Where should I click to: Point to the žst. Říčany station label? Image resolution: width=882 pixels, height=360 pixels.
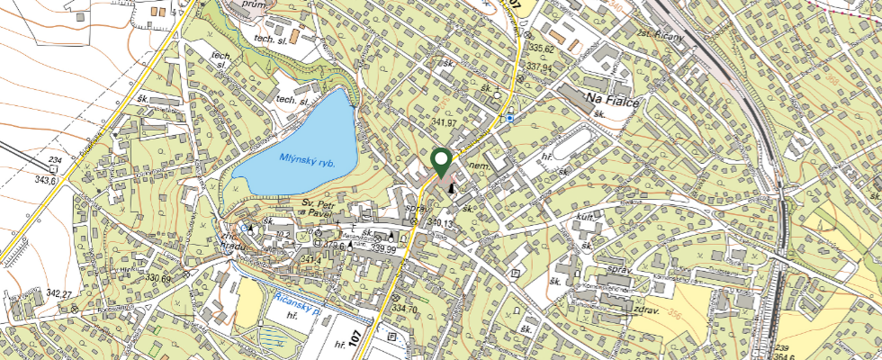coord(661,36)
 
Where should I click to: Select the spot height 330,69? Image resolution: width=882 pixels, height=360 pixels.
coord(154,279)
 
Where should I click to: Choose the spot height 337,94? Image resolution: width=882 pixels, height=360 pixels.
coord(540,67)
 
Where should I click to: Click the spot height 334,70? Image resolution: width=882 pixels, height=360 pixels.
coord(405,309)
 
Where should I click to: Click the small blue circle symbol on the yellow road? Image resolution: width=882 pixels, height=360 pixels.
coord(510,118)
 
